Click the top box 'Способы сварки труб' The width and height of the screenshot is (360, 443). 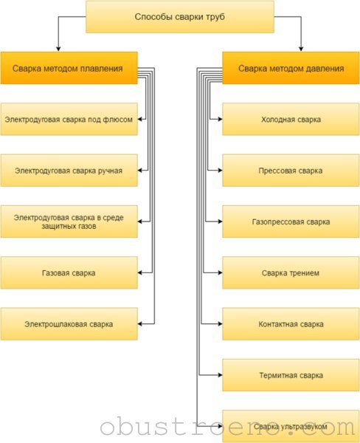[180, 17]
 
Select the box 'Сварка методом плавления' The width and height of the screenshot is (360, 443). [69, 68]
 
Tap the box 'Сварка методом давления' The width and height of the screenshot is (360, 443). [291, 68]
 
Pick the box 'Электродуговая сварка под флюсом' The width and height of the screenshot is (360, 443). [69, 119]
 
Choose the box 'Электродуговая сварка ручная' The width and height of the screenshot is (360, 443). [69, 171]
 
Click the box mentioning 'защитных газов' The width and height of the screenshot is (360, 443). [69, 221]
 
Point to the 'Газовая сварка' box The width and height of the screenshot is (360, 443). [69, 272]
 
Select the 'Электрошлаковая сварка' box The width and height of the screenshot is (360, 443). [69, 324]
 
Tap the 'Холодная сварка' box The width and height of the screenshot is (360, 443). [291, 119]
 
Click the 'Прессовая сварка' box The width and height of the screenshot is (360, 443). [291, 171]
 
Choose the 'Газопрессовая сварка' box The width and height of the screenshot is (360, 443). [291, 221]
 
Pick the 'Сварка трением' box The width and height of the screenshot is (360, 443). [291, 272]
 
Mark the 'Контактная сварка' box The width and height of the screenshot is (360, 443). [291, 324]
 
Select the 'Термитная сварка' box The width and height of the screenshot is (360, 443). [291, 375]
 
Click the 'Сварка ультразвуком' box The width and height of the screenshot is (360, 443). [291, 426]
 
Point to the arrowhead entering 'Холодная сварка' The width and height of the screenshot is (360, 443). [221, 119]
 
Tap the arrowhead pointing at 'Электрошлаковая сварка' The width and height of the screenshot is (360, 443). [140, 324]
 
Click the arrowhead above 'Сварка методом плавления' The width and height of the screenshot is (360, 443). [58, 49]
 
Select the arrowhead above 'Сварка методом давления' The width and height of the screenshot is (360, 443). [301, 49]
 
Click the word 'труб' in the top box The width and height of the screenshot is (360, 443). [218, 17]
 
